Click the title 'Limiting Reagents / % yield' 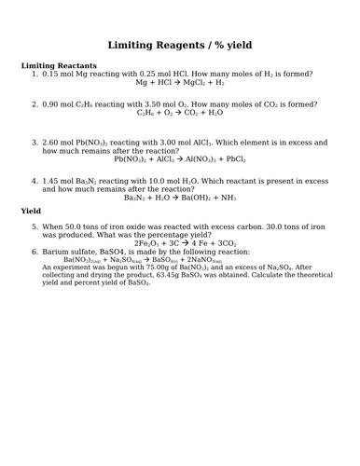pyautogui.click(x=180, y=45)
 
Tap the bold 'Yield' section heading pyautogui.click(x=32, y=212)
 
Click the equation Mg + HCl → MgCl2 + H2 pyautogui.click(x=180, y=83)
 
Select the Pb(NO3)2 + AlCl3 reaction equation pyautogui.click(x=181, y=159)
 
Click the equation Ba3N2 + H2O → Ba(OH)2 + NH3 pyautogui.click(x=181, y=198)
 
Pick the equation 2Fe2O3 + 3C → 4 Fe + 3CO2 pyautogui.click(x=181, y=243)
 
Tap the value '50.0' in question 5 pyautogui.click(x=80, y=226)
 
